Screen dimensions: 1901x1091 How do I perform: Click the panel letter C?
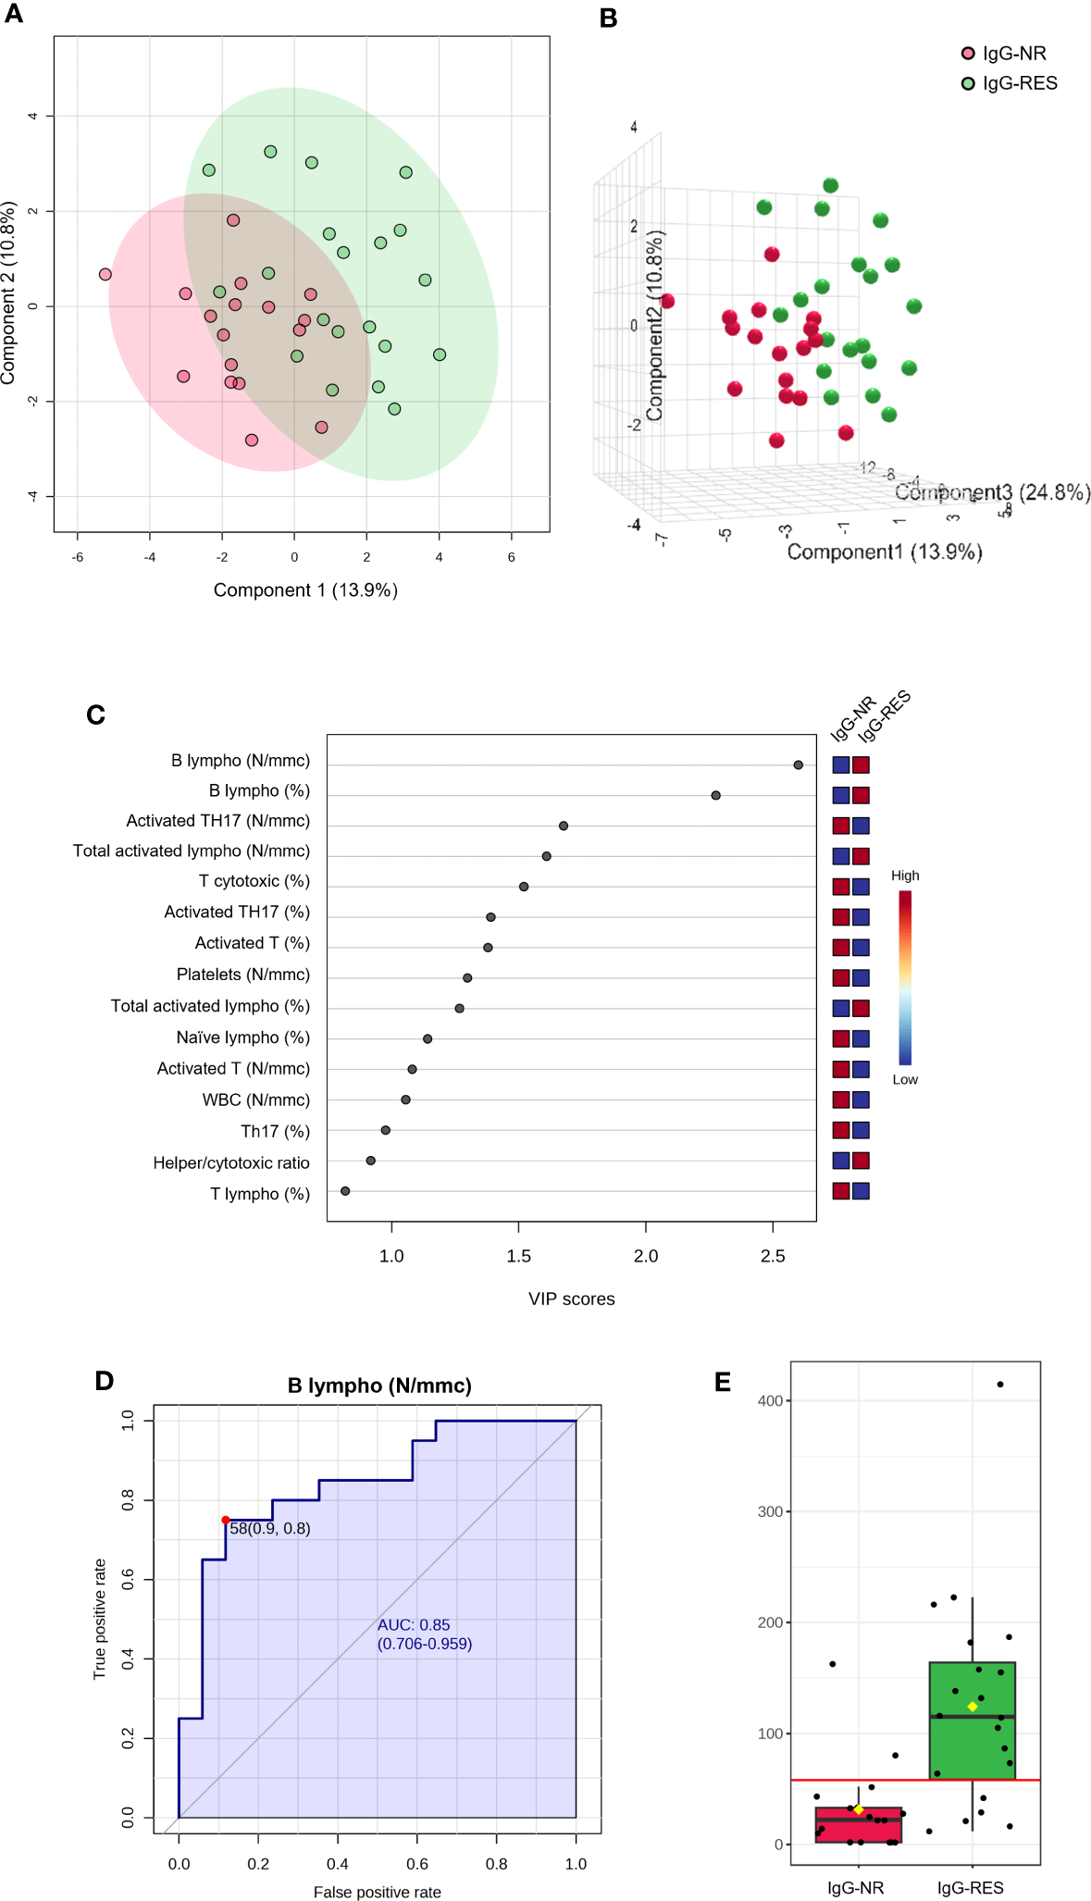(x=95, y=715)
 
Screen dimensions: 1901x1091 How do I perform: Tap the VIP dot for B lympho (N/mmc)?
(x=798, y=764)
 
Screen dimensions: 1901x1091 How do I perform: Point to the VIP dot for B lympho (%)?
(x=715, y=795)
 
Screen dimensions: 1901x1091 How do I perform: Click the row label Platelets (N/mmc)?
(x=242, y=975)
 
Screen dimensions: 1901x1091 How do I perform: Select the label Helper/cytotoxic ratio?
(x=231, y=1162)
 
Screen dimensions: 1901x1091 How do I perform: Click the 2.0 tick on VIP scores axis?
(x=645, y=1256)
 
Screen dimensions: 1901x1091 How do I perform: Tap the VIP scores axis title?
(x=571, y=1298)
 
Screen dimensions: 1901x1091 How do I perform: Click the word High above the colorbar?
(x=905, y=876)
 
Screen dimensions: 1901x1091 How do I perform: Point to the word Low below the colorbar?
(x=905, y=1079)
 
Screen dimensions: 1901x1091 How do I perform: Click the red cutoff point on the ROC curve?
(x=226, y=1520)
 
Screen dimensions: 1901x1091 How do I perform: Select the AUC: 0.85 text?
(x=414, y=1624)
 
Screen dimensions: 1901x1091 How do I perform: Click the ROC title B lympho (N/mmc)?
(x=379, y=1385)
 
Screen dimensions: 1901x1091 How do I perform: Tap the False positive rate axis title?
(x=377, y=1892)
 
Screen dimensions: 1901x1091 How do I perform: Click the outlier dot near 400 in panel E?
(x=1000, y=1385)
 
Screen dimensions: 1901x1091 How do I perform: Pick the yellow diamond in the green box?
(x=972, y=1707)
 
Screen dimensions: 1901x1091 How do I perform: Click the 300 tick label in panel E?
(x=770, y=1511)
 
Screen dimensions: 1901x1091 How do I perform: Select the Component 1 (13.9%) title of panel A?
(x=305, y=590)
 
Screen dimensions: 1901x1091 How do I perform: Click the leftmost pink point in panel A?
(x=105, y=274)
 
